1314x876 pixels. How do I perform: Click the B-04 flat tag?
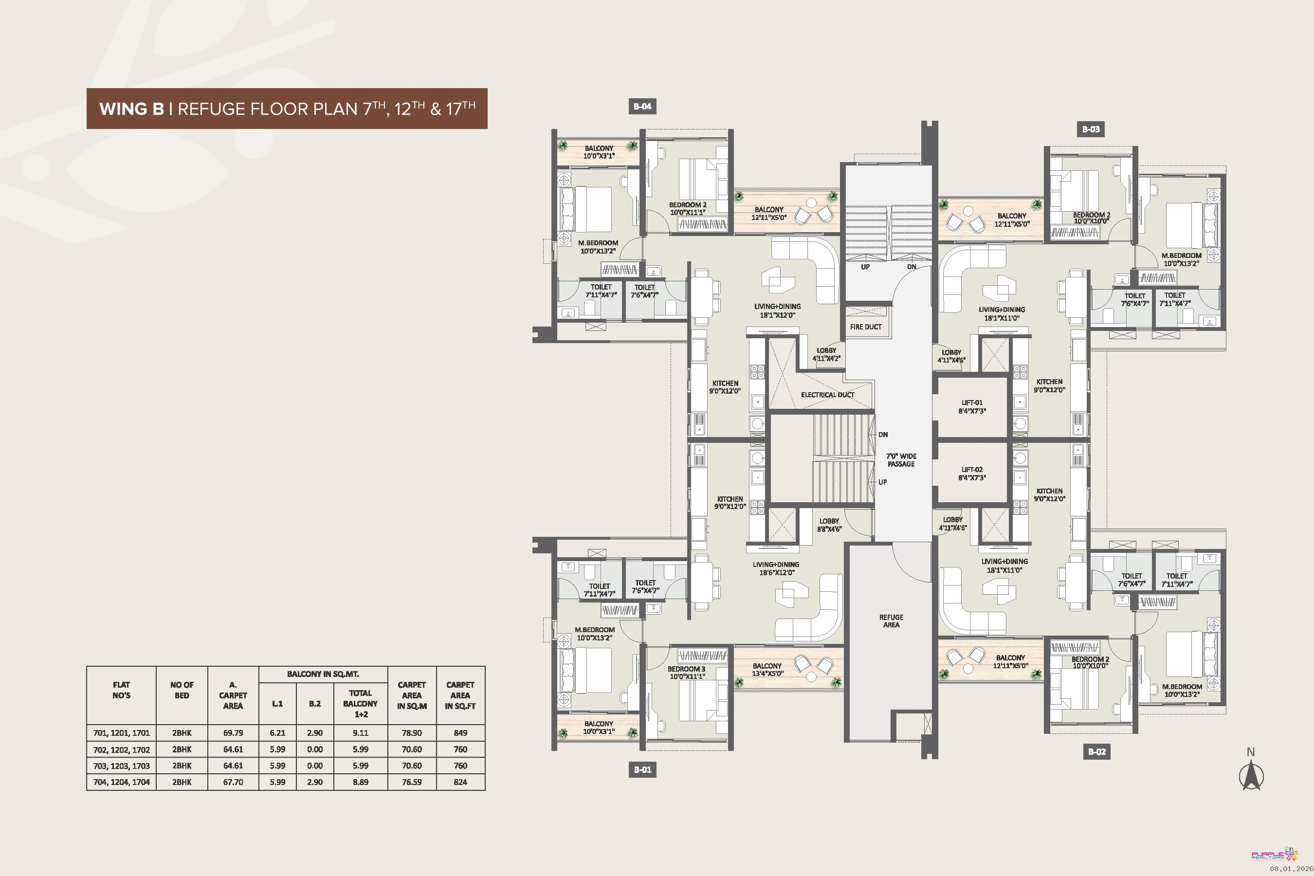coord(642,106)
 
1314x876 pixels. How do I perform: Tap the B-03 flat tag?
coord(1091,129)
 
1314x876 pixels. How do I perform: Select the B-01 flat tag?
coord(642,769)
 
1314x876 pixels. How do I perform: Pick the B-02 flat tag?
coord(1096,751)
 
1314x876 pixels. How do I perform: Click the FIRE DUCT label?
coord(865,327)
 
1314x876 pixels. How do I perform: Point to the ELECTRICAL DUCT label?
coord(827,394)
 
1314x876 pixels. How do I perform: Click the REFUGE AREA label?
coord(891,620)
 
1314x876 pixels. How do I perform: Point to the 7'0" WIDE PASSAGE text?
coord(901,460)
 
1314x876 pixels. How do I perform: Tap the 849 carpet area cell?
coord(460,732)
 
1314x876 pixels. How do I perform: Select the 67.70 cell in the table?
coord(233,782)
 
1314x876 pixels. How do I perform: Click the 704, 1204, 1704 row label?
coord(121,782)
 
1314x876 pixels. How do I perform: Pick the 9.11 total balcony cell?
coord(360,732)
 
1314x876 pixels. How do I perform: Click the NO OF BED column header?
coord(182,690)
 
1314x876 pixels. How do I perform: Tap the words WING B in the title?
coord(132,109)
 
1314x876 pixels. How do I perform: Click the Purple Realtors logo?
coord(1274,854)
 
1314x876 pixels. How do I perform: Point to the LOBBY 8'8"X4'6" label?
coord(829,525)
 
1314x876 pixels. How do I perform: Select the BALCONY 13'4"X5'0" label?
coord(766,669)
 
